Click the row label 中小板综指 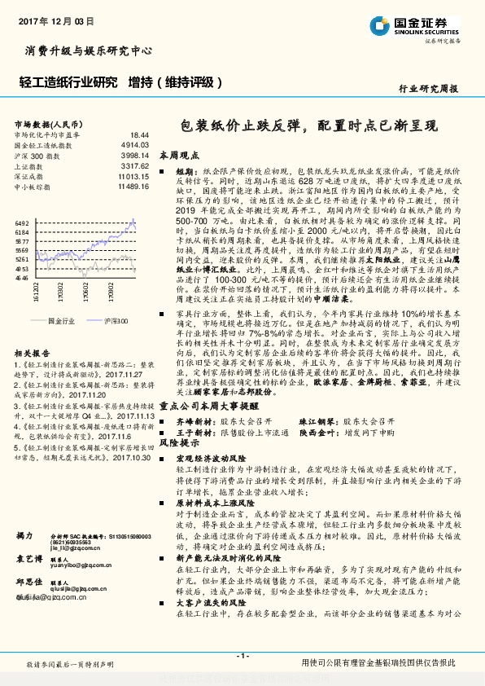coord(33,186)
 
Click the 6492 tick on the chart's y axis coord(22,222)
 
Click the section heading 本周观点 coord(179,154)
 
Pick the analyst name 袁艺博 coord(28,560)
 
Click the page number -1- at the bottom coord(242,655)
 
